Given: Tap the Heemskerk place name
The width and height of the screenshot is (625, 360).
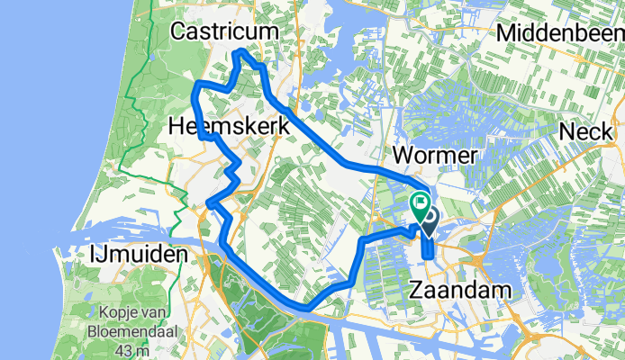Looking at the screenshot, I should [x=229, y=129].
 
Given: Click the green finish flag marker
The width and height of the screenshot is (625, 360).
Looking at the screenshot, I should [x=420, y=205].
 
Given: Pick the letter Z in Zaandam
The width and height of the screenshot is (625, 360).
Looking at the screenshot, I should [x=417, y=291].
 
